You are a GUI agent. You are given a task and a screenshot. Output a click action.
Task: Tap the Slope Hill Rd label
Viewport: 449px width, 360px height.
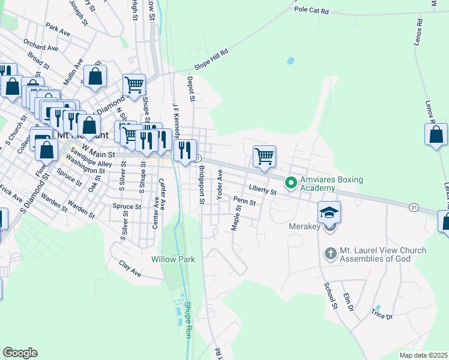click(211, 60)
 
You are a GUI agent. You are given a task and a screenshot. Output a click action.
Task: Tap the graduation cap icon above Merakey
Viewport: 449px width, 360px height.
click(329, 212)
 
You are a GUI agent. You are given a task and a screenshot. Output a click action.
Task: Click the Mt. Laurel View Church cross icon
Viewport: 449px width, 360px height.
click(330, 254)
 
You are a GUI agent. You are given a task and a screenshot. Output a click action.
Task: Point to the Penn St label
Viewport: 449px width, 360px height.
click(245, 202)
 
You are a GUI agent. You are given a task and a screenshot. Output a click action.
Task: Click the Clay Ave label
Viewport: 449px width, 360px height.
click(130, 268)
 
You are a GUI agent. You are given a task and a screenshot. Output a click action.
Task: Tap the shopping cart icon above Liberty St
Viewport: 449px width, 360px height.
click(264, 156)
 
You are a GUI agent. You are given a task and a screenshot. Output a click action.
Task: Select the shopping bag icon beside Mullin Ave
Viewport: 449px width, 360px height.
click(95, 76)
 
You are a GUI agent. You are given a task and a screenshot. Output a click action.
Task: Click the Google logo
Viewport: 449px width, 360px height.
click(20, 353)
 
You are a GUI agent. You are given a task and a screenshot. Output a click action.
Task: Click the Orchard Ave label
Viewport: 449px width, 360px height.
click(41, 45)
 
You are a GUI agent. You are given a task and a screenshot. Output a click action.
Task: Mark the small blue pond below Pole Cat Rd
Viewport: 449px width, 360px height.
click(291, 61)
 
